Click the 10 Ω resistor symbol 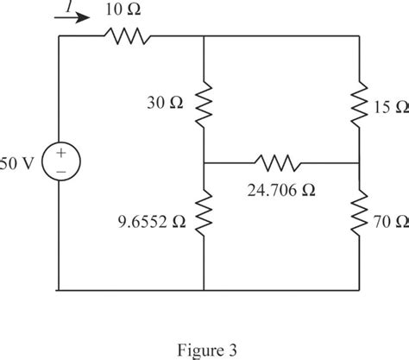tap(127, 36)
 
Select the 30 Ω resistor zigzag tap(204, 104)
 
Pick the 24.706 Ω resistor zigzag tap(278, 163)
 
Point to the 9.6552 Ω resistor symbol tap(204, 213)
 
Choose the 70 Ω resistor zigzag tap(359, 213)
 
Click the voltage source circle tap(61, 161)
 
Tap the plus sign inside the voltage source tap(61, 153)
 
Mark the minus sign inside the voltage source tap(61, 172)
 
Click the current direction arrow tap(72, 18)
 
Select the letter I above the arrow tap(68, 6)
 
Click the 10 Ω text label tap(123, 9)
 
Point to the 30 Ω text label tap(165, 103)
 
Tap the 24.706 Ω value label tap(281, 191)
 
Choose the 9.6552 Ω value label tap(152, 222)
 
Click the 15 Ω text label tap(392, 107)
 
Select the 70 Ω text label tap(392, 222)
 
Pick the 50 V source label tap(17, 164)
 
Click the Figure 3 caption tap(207, 351)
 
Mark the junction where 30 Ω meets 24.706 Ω tap(204, 163)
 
